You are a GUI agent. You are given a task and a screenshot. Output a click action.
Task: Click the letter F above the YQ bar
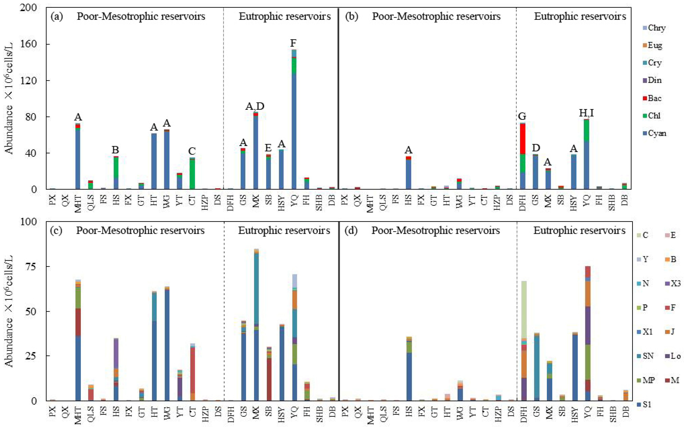(x=293, y=43)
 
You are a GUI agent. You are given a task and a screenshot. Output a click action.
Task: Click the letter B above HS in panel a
(x=115, y=149)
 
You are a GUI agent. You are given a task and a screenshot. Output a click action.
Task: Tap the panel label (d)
(x=351, y=230)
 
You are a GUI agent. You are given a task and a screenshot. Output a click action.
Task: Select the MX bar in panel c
(x=256, y=325)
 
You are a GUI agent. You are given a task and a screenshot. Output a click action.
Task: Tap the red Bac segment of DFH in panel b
(x=522, y=138)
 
